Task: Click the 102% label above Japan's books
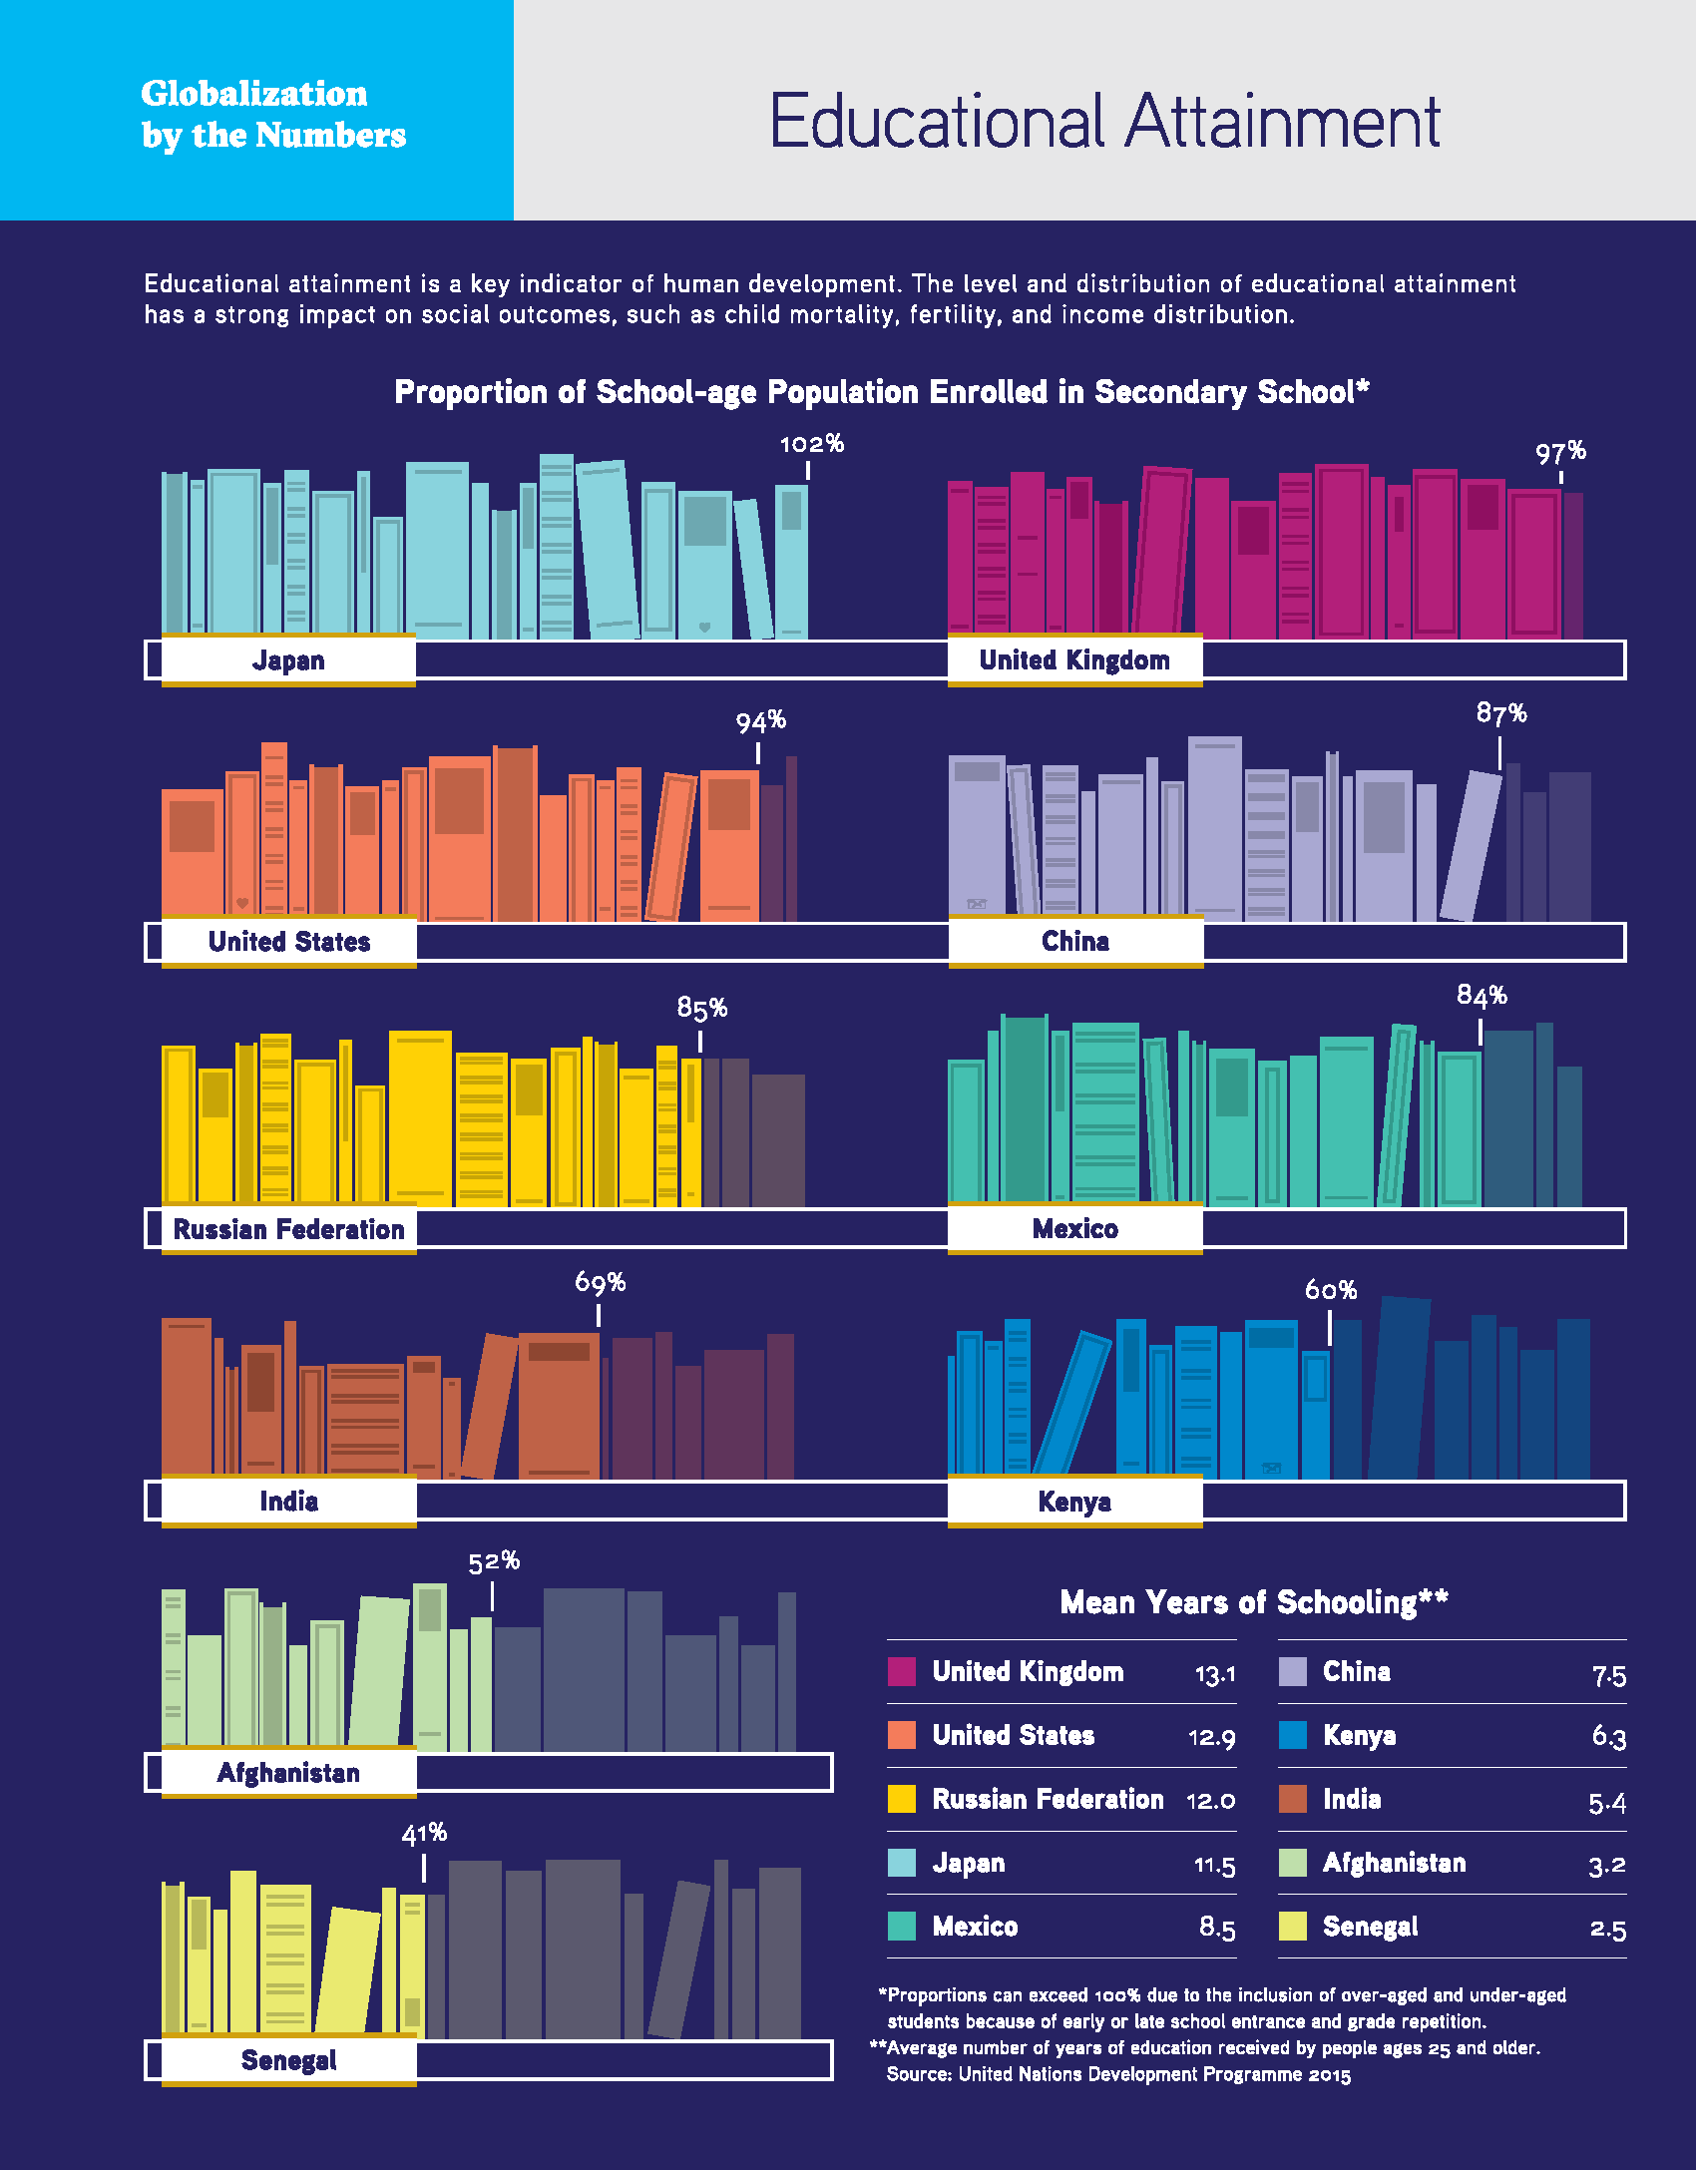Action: pos(811,444)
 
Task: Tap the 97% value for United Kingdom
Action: pos(1560,453)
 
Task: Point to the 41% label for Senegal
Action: pos(424,1834)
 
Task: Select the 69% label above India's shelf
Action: pos(600,1282)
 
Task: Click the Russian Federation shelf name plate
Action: pos(289,1229)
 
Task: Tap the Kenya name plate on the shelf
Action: pos(1074,1502)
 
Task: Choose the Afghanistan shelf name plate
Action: pos(289,1773)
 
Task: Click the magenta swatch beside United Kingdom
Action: pos(902,1672)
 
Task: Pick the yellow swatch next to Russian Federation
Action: pos(902,1799)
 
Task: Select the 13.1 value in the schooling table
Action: pos(1215,1674)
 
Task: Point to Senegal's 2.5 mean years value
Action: pos(1607,1929)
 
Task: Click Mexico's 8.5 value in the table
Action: pos(1217,1928)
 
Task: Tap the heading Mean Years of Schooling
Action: pos(1253,1602)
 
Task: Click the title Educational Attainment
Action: pos(1104,122)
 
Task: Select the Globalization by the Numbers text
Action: pos(273,114)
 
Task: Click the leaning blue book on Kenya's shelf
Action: pos(1072,1402)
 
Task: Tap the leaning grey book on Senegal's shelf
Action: pos(678,1958)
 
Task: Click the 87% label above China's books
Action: pos(1500,714)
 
